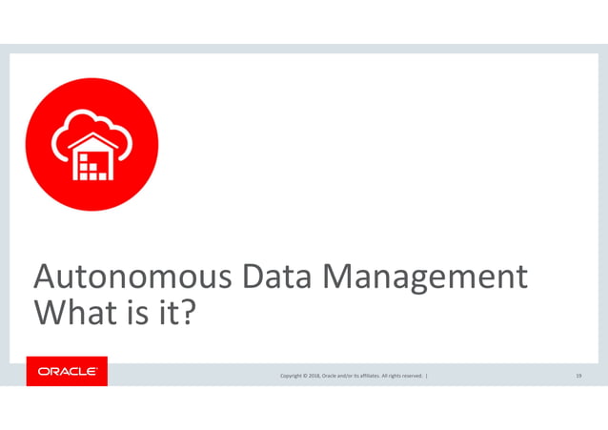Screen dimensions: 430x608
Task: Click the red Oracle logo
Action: tap(67, 372)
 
